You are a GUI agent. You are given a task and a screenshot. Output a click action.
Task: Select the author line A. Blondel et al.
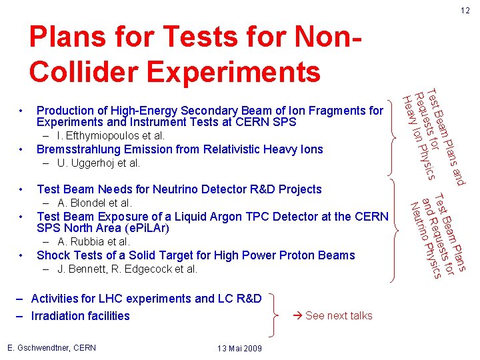[x=95, y=203]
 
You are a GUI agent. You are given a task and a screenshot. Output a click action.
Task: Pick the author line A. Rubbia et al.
[x=93, y=241]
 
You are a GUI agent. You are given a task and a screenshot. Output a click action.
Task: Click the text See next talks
[x=339, y=315]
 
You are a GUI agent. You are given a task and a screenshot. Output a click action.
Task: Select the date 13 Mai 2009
[x=239, y=349]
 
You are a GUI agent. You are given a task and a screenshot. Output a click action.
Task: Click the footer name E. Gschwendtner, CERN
[x=51, y=347]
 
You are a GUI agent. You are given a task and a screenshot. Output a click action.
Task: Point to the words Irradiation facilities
[x=80, y=315]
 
